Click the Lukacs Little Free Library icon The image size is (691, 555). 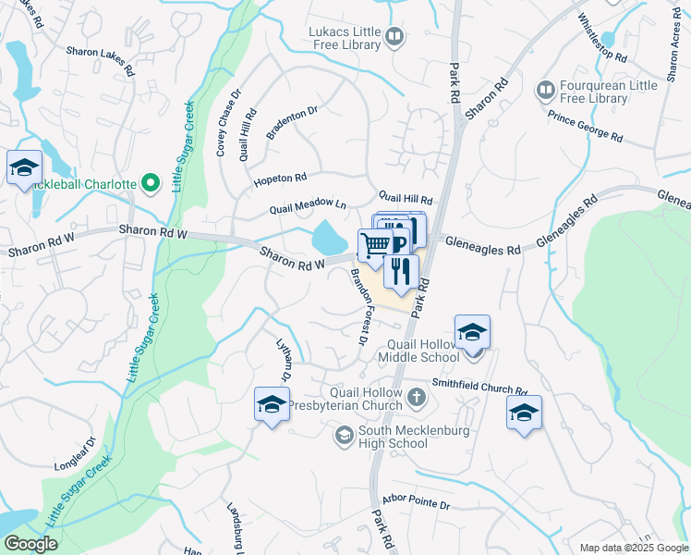coord(395,38)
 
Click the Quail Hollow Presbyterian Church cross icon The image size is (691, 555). coord(417,399)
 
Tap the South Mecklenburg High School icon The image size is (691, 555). coord(345,435)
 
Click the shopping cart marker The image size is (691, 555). coord(375,245)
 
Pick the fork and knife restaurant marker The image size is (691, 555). coord(401,270)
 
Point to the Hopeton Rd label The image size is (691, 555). coord(280,178)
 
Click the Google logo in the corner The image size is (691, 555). coord(31,544)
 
